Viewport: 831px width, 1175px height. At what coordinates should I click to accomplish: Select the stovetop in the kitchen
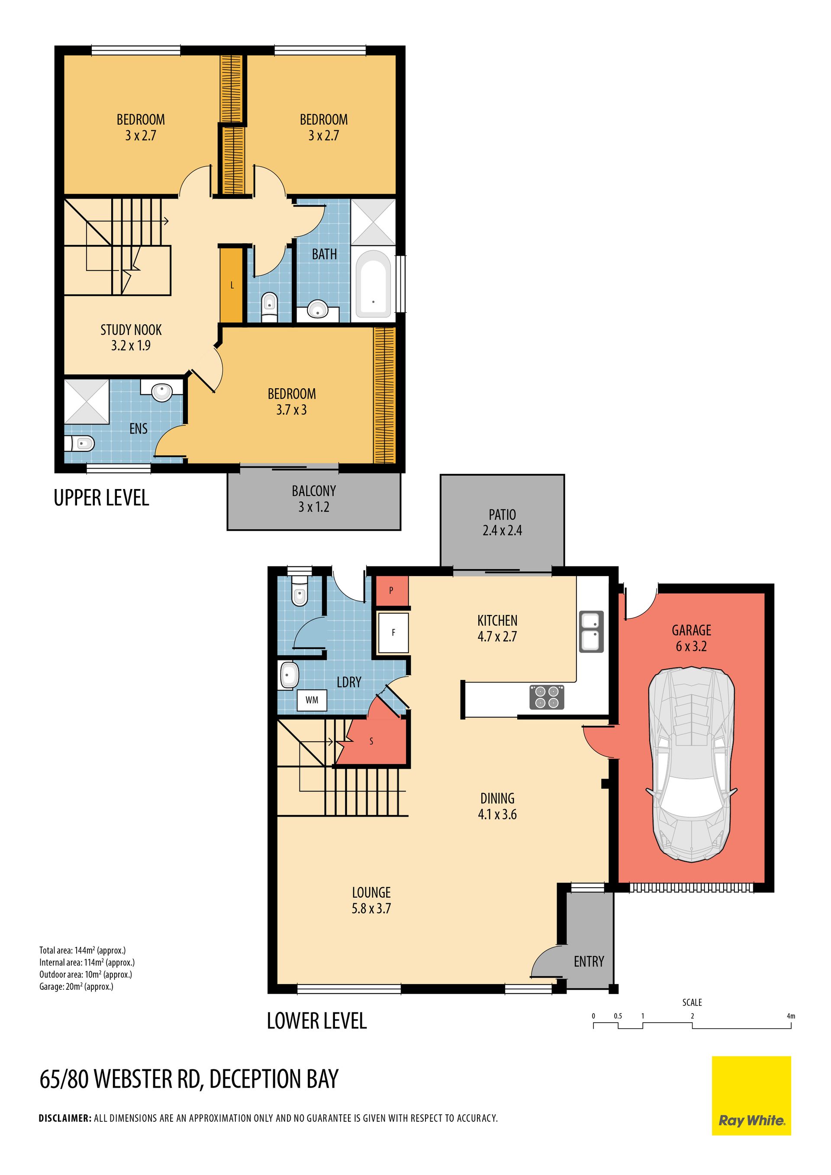click(x=547, y=697)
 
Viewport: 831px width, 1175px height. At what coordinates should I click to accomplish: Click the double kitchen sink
click(x=592, y=631)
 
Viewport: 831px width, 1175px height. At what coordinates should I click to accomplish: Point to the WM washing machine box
click(x=312, y=700)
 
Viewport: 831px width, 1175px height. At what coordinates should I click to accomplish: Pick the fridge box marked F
click(x=393, y=633)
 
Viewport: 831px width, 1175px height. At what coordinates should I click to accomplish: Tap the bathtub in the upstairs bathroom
click(x=373, y=283)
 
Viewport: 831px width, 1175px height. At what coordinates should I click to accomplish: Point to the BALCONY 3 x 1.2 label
click(x=314, y=499)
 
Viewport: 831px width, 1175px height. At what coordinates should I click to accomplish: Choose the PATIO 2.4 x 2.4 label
click(x=502, y=522)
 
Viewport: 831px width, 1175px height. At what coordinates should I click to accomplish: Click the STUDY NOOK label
click(x=131, y=330)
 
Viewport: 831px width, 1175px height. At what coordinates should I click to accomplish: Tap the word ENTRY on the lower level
click(x=589, y=962)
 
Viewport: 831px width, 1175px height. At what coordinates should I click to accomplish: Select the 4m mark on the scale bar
click(x=791, y=1016)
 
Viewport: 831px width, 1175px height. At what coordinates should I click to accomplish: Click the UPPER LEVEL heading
click(x=101, y=498)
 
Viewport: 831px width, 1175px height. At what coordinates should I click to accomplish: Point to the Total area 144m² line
click(x=82, y=950)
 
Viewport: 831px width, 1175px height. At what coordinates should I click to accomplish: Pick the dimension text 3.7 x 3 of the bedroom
click(x=291, y=410)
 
